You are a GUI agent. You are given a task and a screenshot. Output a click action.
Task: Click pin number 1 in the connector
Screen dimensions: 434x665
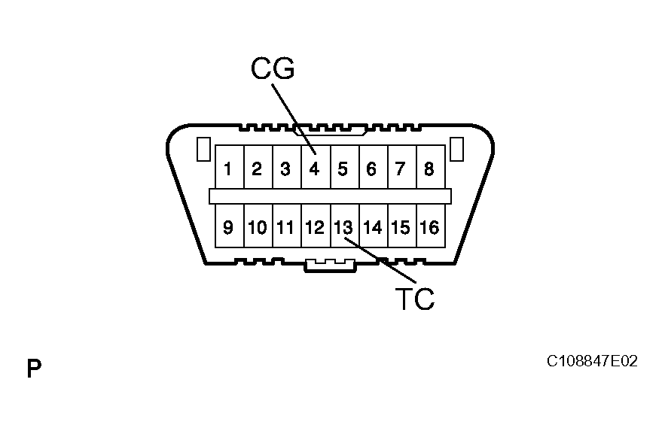pos(228,168)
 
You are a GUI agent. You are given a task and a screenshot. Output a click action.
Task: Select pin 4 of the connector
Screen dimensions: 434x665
pos(315,168)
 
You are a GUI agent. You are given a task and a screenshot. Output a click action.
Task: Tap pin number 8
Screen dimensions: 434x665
pos(429,168)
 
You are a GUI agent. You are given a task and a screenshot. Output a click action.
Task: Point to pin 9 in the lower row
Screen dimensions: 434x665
pos(228,226)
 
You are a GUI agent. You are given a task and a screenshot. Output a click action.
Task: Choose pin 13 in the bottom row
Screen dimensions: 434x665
pos(343,226)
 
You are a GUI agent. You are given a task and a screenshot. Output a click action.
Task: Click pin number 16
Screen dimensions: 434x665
pos(429,226)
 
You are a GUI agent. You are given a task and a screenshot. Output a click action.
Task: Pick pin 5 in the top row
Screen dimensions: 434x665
pos(343,168)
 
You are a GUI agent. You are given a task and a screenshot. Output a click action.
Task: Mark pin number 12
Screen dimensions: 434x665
pos(315,226)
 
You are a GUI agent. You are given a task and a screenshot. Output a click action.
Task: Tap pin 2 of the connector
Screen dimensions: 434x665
pos(257,168)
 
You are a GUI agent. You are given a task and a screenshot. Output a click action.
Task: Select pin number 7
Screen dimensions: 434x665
pos(401,168)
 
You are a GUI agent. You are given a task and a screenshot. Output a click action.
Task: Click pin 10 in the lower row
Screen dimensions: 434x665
pos(257,226)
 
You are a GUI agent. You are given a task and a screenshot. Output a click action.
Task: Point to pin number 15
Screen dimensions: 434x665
pos(401,226)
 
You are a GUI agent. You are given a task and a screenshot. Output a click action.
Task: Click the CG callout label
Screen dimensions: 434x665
pos(273,68)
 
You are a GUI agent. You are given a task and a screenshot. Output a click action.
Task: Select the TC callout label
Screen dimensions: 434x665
pos(415,299)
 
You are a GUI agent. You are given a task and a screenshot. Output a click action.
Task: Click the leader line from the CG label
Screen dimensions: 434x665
pos(292,116)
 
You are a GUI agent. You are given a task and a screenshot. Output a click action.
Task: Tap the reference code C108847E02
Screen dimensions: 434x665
pos(592,362)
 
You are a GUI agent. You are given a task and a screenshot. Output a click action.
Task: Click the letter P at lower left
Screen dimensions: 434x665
pos(34,369)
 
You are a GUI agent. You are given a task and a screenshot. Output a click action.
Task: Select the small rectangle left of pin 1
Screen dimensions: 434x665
pos(202,149)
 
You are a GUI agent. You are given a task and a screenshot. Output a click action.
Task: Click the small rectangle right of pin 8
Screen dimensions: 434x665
pos(456,149)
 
